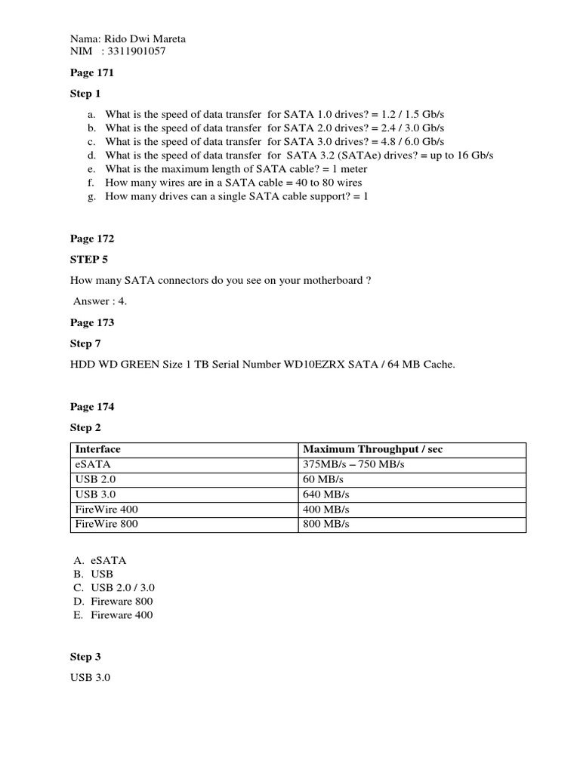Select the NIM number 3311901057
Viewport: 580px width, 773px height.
pyautogui.click(x=138, y=51)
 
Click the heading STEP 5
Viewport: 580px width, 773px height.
pyautogui.click(x=86, y=260)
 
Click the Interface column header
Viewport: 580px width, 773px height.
pyautogui.click(x=98, y=449)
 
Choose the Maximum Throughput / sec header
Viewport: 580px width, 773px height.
pyautogui.click(x=372, y=449)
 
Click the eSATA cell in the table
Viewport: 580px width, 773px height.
pyautogui.click(x=93, y=465)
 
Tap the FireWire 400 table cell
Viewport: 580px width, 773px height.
pyautogui.click(x=106, y=510)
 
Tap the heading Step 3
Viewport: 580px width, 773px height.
pyautogui.click(x=85, y=658)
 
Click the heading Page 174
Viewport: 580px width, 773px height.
pyautogui.click(x=92, y=407)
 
